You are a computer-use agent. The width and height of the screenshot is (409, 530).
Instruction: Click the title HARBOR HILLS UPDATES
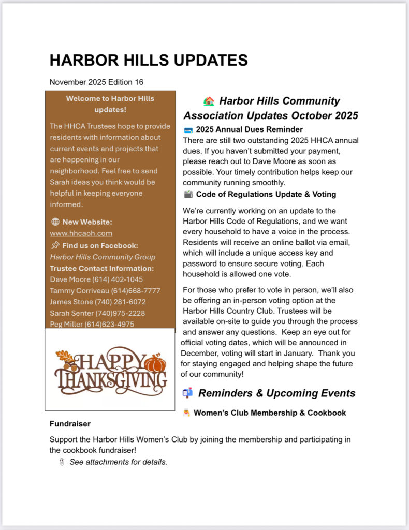point(149,60)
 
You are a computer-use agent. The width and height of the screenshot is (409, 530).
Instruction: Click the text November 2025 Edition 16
point(96,82)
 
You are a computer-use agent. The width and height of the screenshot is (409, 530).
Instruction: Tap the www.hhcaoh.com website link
point(81,233)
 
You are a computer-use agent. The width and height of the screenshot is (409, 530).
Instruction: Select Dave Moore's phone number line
point(96,279)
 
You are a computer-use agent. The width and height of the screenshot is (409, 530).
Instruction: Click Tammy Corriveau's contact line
point(105,291)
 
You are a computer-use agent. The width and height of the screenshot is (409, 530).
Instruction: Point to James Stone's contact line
point(98,302)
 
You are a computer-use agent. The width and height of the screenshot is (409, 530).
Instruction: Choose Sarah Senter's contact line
point(97,313)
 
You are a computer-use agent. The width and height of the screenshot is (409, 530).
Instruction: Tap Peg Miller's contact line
point(92,325)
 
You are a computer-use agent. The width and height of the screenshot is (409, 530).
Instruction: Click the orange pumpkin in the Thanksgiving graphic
point(155,363)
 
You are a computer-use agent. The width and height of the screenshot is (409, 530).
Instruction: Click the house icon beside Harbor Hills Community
point(209,101)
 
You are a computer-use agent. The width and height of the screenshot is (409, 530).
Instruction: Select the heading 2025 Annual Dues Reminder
point(249,129)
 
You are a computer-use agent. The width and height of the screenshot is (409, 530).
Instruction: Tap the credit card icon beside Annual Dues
point(188,130)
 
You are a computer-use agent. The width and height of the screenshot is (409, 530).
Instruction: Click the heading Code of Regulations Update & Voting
point(266,194)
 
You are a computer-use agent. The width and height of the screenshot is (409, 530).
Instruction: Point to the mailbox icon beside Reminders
point(187,393)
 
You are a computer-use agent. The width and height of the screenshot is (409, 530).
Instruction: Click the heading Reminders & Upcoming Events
point(276,393)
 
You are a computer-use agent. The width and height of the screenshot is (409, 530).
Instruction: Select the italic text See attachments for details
point(119,462)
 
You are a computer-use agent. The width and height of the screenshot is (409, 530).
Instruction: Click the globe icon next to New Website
point(55,222)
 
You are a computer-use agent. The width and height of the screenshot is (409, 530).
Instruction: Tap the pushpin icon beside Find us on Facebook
point(55,245)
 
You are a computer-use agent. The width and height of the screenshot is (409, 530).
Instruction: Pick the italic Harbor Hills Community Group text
point(103,257)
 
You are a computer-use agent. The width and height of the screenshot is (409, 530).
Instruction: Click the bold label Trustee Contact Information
point(102,268)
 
